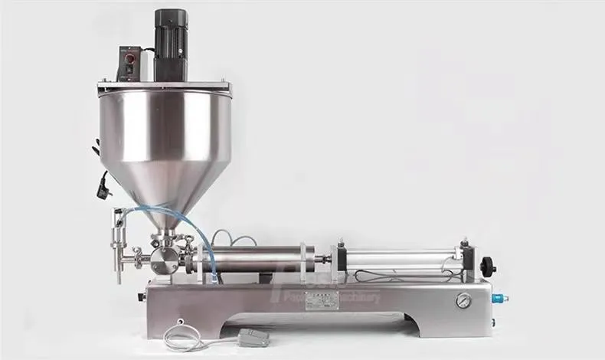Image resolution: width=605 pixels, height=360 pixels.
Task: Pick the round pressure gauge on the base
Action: click(x=463, y=301)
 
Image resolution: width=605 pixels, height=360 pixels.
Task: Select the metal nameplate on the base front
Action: click(x=322, y=301)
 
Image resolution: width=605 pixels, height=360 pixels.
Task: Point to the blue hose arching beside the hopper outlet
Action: click(x=205, y=230)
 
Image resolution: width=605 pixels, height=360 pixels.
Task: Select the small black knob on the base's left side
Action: click(x=141, y=296)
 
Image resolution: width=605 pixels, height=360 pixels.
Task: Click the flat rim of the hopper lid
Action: click(x=164, y=87)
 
